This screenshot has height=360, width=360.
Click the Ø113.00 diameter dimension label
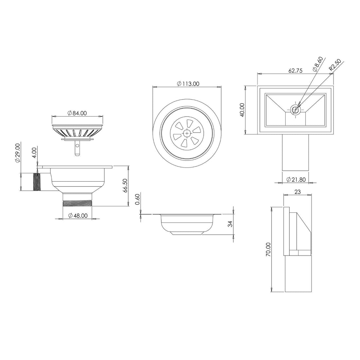click(x=188, y=84)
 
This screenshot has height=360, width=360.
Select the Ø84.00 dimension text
click(x=77, y=113)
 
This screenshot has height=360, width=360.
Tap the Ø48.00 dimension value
click(x=78, y=215)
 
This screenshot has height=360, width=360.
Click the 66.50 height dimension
click(x=125, y=186)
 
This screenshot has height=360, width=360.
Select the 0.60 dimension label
click(x=137, y=199)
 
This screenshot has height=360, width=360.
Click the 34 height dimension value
click(x=230, y=224)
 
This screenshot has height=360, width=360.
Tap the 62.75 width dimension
click(x=295, y=70)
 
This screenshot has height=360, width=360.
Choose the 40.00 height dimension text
click(x=242, y=110)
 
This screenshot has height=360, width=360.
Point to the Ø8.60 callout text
click(x=317, y=64)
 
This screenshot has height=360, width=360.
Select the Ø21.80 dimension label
click(x=296, y=179)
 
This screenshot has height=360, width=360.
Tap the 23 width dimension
click(x=297, y=192)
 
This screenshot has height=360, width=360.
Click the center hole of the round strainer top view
click(x=187, y=133)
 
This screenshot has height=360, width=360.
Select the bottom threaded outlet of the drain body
click(x=78, y=203)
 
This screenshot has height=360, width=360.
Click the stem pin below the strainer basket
click(x=77, y=149)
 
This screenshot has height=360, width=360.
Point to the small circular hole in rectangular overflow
click(x=296, y=110)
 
